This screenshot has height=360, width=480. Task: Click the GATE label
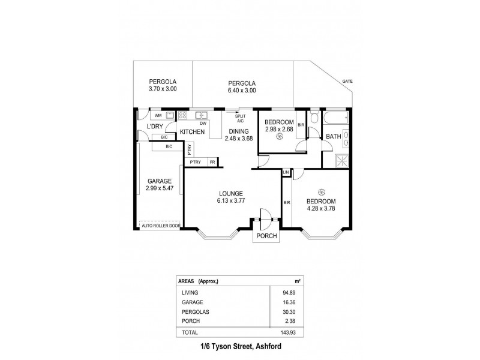click(347, 81)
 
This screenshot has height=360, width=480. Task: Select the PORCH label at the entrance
click(266, 236)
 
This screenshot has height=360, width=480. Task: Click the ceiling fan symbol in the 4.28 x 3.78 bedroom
click(322, 192)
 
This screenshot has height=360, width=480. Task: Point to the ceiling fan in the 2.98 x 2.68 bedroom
click(279, 137)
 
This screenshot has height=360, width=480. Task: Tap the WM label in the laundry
click(158, 115)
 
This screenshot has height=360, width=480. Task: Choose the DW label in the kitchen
click(204, 124)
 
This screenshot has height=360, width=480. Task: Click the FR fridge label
click(212, 162)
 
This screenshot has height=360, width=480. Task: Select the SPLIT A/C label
click(240, 119)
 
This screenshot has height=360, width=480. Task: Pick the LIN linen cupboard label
click(286, 173)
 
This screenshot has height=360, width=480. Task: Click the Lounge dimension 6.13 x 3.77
click(230, 201)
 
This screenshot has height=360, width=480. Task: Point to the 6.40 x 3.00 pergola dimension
click(242, 91)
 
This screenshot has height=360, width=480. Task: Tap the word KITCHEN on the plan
click(193, 131)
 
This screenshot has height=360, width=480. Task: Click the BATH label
click(333, 137)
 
